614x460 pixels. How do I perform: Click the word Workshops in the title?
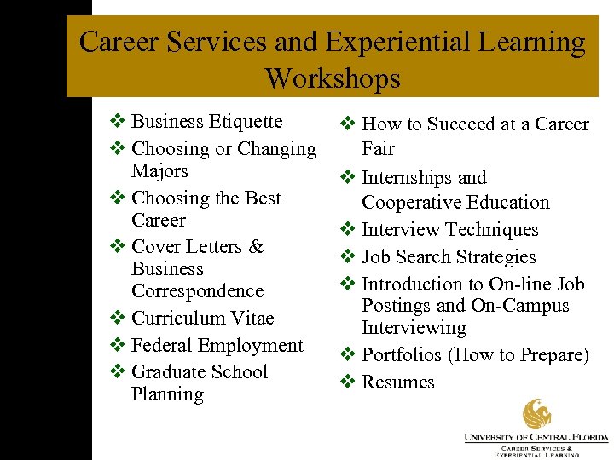(333, 78)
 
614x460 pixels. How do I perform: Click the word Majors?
(159, 171)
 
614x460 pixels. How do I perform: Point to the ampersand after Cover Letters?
(256, 247)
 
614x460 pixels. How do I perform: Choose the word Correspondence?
(198, 291)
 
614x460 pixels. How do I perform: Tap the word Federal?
(163, 346)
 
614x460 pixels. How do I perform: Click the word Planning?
(167, 394)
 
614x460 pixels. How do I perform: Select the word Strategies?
(495, 257)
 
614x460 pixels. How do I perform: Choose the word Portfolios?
(403, 355)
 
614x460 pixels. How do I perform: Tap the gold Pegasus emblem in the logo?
(537, 414)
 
